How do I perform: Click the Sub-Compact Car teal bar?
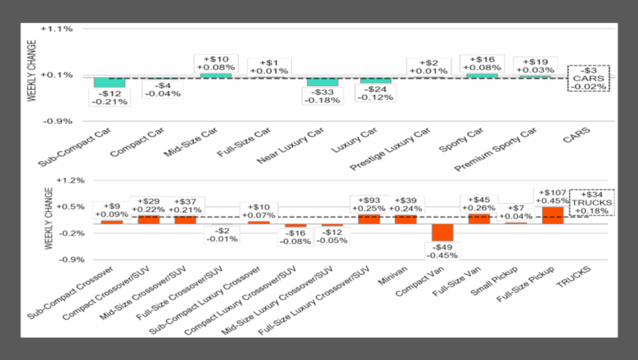[109, 82]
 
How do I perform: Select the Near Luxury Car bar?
[322, 81]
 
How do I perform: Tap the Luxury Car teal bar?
[375, 79]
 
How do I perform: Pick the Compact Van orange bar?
[443, 232]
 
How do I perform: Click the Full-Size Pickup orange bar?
[552, 214]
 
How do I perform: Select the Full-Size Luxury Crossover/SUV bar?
[369, 218]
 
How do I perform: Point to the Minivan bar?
[406, 218]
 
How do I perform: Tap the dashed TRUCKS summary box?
[591, 202]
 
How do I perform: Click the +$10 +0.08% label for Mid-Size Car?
[217, 63]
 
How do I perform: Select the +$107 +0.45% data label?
[552, 196]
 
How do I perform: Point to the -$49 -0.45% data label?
[443, 250]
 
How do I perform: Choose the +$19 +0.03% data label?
[535, 65]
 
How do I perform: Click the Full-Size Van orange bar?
[479, 218]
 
